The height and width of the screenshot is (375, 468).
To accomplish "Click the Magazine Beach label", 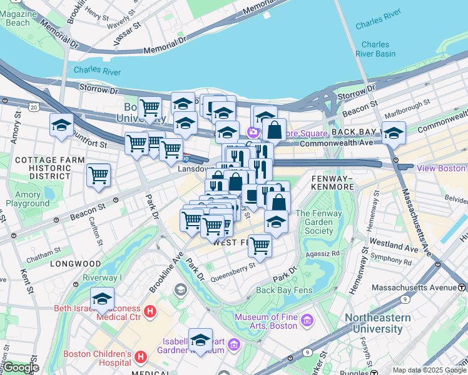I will pyautogui.click(x=18, y=18).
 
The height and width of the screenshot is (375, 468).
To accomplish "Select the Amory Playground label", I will pyautogui.click(x=28, y=199).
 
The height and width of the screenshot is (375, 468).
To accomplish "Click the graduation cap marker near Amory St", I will pyautogui.click(x=61, y=126).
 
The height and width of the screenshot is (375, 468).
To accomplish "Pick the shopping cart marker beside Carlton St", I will pyautogui.click(x=99, y=176).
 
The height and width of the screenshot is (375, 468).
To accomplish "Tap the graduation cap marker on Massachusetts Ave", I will pyautogui.click(x=394, y=133).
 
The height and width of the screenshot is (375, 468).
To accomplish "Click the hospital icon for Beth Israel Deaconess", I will pyautogui.click(x=150, y=311).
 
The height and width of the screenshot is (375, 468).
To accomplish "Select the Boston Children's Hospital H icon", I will pyautogui.click(x=141, y=357).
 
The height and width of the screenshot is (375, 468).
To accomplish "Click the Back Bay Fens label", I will pyautogui.click(x=283, y=290).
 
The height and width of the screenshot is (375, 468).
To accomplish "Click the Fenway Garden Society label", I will pyautogui.click(x=319, y=222).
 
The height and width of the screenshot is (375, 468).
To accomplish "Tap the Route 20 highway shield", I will pyautogui.click(x=33, y=107).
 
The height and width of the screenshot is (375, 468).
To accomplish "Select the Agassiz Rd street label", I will pyautogui.click(x=322, y=254).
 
